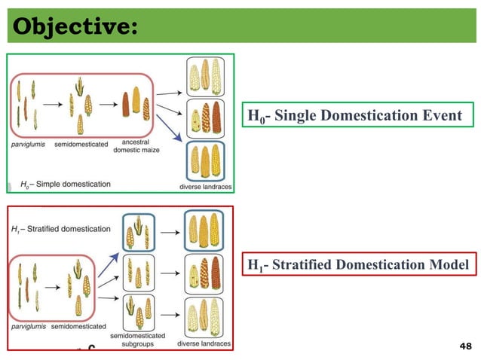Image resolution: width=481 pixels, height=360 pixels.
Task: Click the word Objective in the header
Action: coord(71,26)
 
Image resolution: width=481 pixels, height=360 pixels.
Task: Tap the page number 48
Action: coord(464,346)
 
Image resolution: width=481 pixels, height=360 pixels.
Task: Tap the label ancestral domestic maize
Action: coord(134,145)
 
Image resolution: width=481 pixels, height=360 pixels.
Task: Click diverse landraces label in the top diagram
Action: coord(205,186)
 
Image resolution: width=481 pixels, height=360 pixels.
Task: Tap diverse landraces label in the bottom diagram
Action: coord(204,343)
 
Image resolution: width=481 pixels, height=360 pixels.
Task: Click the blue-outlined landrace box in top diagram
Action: coord(205,160)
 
